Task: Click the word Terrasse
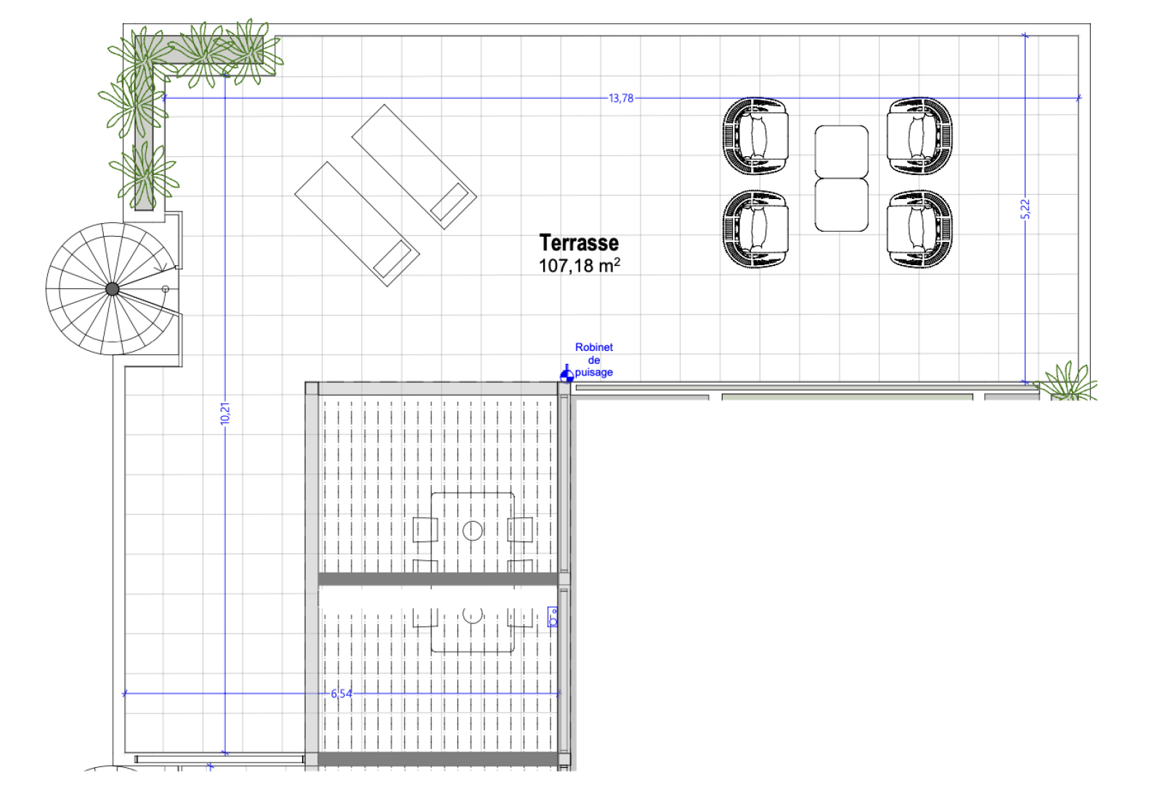pos(579,243)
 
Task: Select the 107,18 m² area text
pos(580,265)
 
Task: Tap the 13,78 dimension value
pos(621,98)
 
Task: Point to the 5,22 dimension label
pos(1025,209)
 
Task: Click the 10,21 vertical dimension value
pos(224,413)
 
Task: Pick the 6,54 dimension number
pos(341,693)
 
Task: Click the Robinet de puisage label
pos(594,360)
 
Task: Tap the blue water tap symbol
pos(566,373)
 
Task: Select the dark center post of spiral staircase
pos(112,289)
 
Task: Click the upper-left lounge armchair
pos(756,136)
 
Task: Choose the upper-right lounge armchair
pos(919,136)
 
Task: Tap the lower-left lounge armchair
pos(756,229)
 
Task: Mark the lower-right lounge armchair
pos(919,229)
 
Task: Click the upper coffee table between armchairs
pos(842,152)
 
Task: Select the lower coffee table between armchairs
pos(842,205)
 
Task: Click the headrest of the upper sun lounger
pos(450,201)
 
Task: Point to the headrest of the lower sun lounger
pos(392,259)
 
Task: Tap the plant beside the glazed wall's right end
pos(1066,382)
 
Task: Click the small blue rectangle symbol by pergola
pos(553,617)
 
